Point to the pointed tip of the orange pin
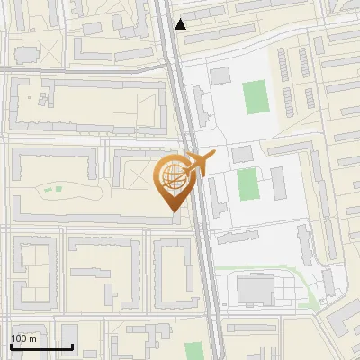[x=173, y=212]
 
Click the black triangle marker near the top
[x=181, y=24]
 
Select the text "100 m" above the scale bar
[x=24, y=338]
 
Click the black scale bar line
[x=41, y=346]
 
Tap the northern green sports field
[x=256, y=96]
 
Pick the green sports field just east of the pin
[x=247, y=184]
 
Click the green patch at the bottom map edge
[x=193, y=351]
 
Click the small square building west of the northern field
[x=220, y=76]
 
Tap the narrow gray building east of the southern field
[x=279, y=183]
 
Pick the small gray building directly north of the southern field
[x=243, y=155]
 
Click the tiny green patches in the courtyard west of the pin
[x=50, y=189]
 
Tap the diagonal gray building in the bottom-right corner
[x=341, y=319]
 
